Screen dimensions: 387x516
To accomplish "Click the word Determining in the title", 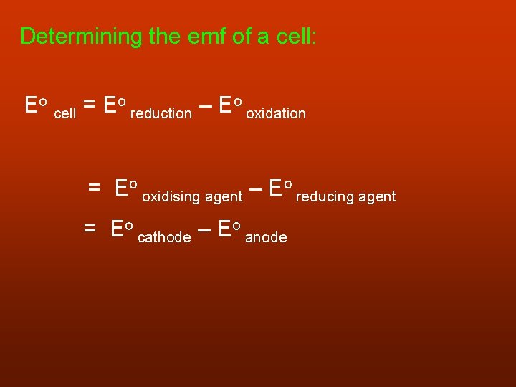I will pyautogui.click(x=81, y=37).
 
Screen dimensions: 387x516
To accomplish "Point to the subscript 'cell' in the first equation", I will pyautogui.click(x=64, y=113).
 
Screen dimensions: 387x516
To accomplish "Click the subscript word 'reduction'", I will pyautogui.click(x=161, y=113).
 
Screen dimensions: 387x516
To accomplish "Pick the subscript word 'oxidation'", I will pyautogui.click(x=276, y=113).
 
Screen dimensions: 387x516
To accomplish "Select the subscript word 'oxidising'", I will pyautogui.click(x=172, y=196).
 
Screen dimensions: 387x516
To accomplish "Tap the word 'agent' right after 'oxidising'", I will pyautogui.click(x=224, y=196).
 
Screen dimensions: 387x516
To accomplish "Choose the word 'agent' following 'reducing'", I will pyautogui.click(x=376, y=196).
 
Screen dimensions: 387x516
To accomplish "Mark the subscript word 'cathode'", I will pyautogui.click(x=164, y=237).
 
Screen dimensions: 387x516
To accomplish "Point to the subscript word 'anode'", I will pyautogui.click(x=266, y=237).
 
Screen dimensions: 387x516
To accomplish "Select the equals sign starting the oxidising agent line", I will pyautogui.click(x=94, y=188).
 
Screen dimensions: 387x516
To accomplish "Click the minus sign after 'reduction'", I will pyautogui.click(x=205, y=106).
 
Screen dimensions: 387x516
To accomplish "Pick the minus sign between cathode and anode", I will pyautogui.click(x=204, y=230).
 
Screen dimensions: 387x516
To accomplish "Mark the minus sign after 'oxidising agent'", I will pyautogui.click(x=256, y=189).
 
